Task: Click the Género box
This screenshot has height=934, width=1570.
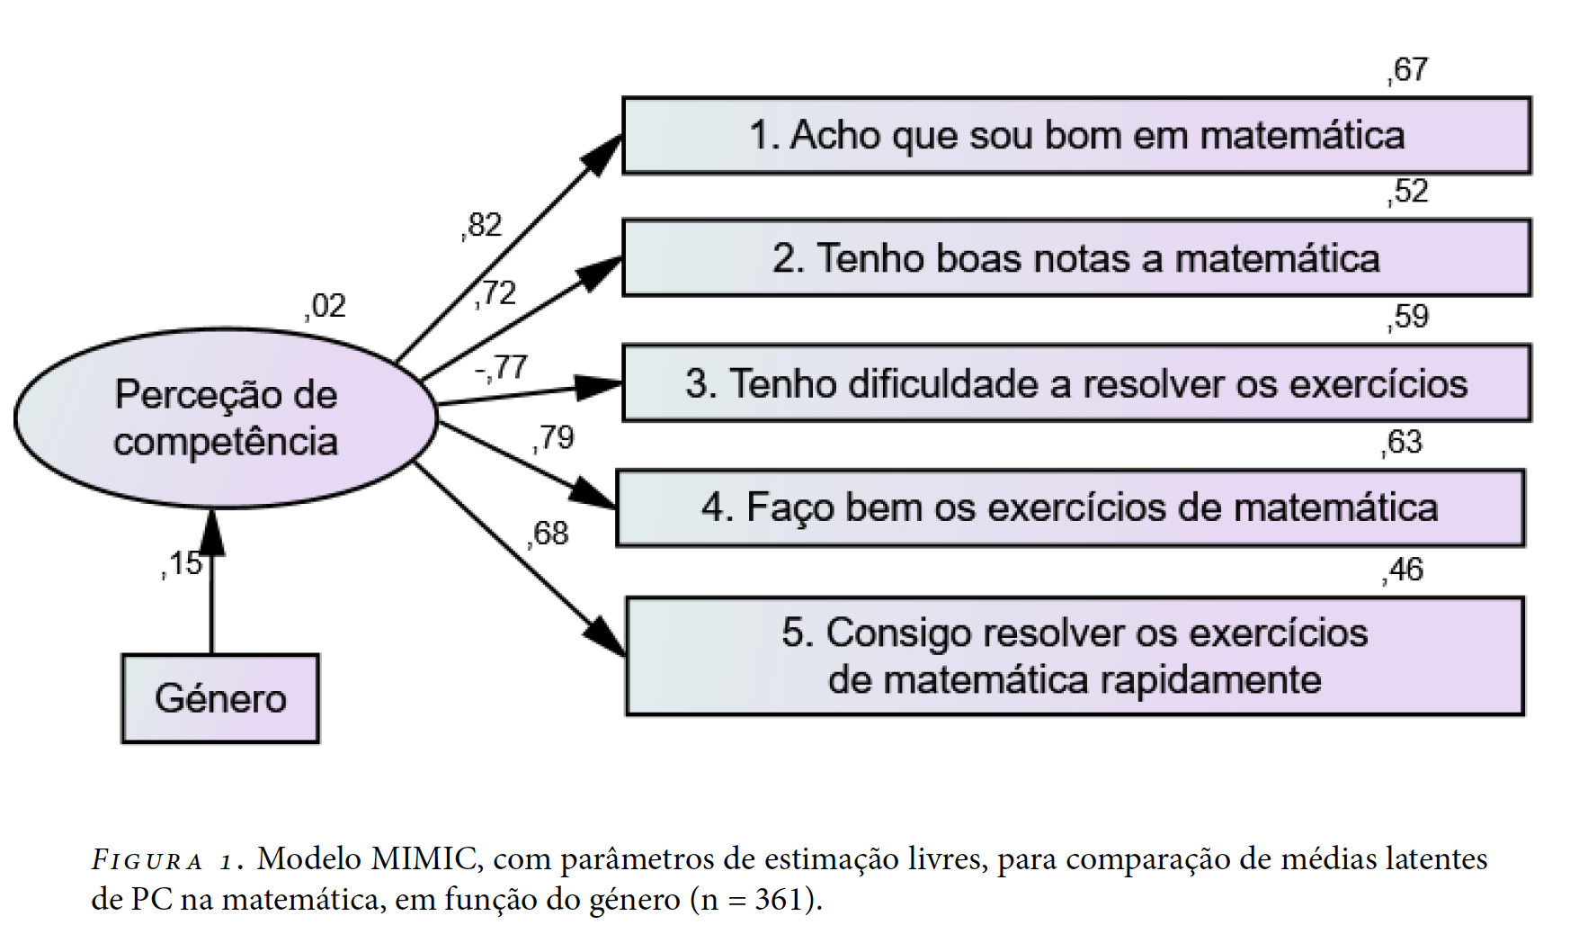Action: [220, 698]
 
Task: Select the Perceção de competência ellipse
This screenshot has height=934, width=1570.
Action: [226, 418]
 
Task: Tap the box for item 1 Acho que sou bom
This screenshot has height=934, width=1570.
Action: [1076, 135]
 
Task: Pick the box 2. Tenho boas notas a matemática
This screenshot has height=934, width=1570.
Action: [1076, 257]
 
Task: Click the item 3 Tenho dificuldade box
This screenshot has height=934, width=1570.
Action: [1076, 382]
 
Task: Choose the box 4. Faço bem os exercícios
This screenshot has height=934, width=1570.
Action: [1070, 507]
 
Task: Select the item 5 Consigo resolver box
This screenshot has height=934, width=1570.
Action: [1075, 656]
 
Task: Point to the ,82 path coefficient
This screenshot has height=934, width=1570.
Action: [482, 225]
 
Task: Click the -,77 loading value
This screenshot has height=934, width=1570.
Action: [501, 367]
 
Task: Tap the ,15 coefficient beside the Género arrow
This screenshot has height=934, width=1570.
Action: [183, 563]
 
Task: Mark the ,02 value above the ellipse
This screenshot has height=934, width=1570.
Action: [326, 306]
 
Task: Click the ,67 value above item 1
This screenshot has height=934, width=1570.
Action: [1407, 69]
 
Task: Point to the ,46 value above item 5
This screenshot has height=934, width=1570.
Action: [1403, 570]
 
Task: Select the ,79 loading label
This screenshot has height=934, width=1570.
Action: [553, 437]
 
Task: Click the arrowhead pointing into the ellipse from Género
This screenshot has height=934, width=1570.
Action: [212, 531]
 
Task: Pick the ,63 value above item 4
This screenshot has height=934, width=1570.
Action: [1403, 442]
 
